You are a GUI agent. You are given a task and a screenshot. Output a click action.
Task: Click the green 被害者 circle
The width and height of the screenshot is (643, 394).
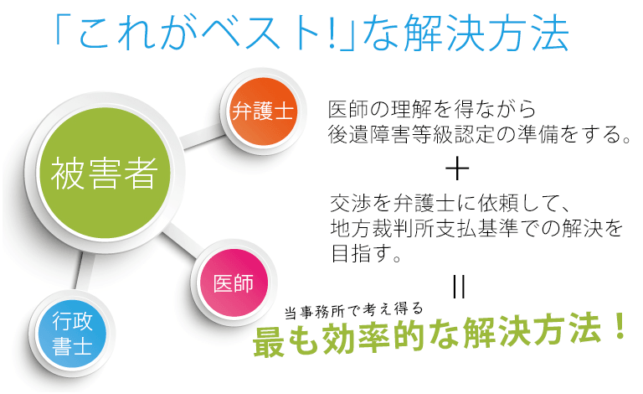coord(104,173)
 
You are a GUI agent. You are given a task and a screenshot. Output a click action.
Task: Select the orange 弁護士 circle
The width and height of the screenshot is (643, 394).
coord(263,111)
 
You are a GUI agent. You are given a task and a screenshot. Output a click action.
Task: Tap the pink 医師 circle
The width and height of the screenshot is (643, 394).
coord(234,283)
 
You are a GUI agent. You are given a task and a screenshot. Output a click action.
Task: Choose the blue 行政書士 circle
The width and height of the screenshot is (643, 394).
coord(72,334)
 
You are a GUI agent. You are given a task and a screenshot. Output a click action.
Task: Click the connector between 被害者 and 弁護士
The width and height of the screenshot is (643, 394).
coord(202,137)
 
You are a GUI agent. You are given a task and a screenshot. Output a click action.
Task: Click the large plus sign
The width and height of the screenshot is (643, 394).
coord(457,168)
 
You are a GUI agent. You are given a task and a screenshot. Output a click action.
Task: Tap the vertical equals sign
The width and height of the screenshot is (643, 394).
coord(459,287)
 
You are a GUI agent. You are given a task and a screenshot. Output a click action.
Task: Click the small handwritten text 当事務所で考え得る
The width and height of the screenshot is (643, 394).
coord(352,310)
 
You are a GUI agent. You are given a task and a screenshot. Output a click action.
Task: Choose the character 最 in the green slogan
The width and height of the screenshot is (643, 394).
coord(270,341)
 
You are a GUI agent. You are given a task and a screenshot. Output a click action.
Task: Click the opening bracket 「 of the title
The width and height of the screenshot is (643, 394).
coord(60,29)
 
